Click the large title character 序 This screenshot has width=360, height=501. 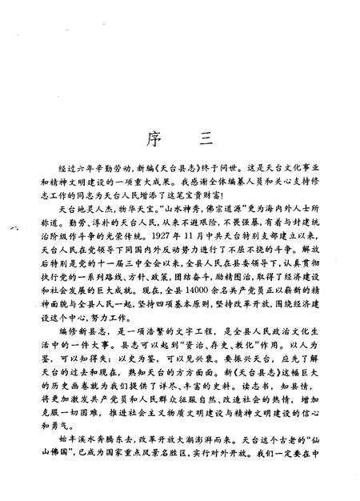tap(149, 138)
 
